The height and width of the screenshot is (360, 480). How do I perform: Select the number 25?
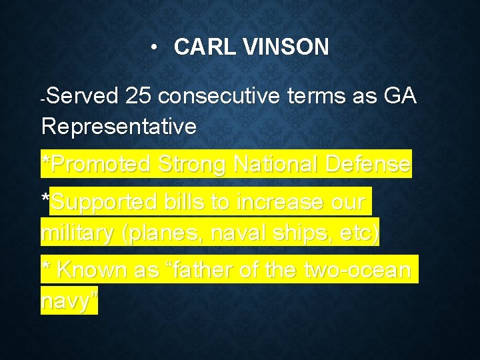point(138,97)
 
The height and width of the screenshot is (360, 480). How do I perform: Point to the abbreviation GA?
point(400,97)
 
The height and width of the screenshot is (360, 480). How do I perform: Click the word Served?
point(82,97)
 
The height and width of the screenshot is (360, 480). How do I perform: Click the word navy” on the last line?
point(69,301)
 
